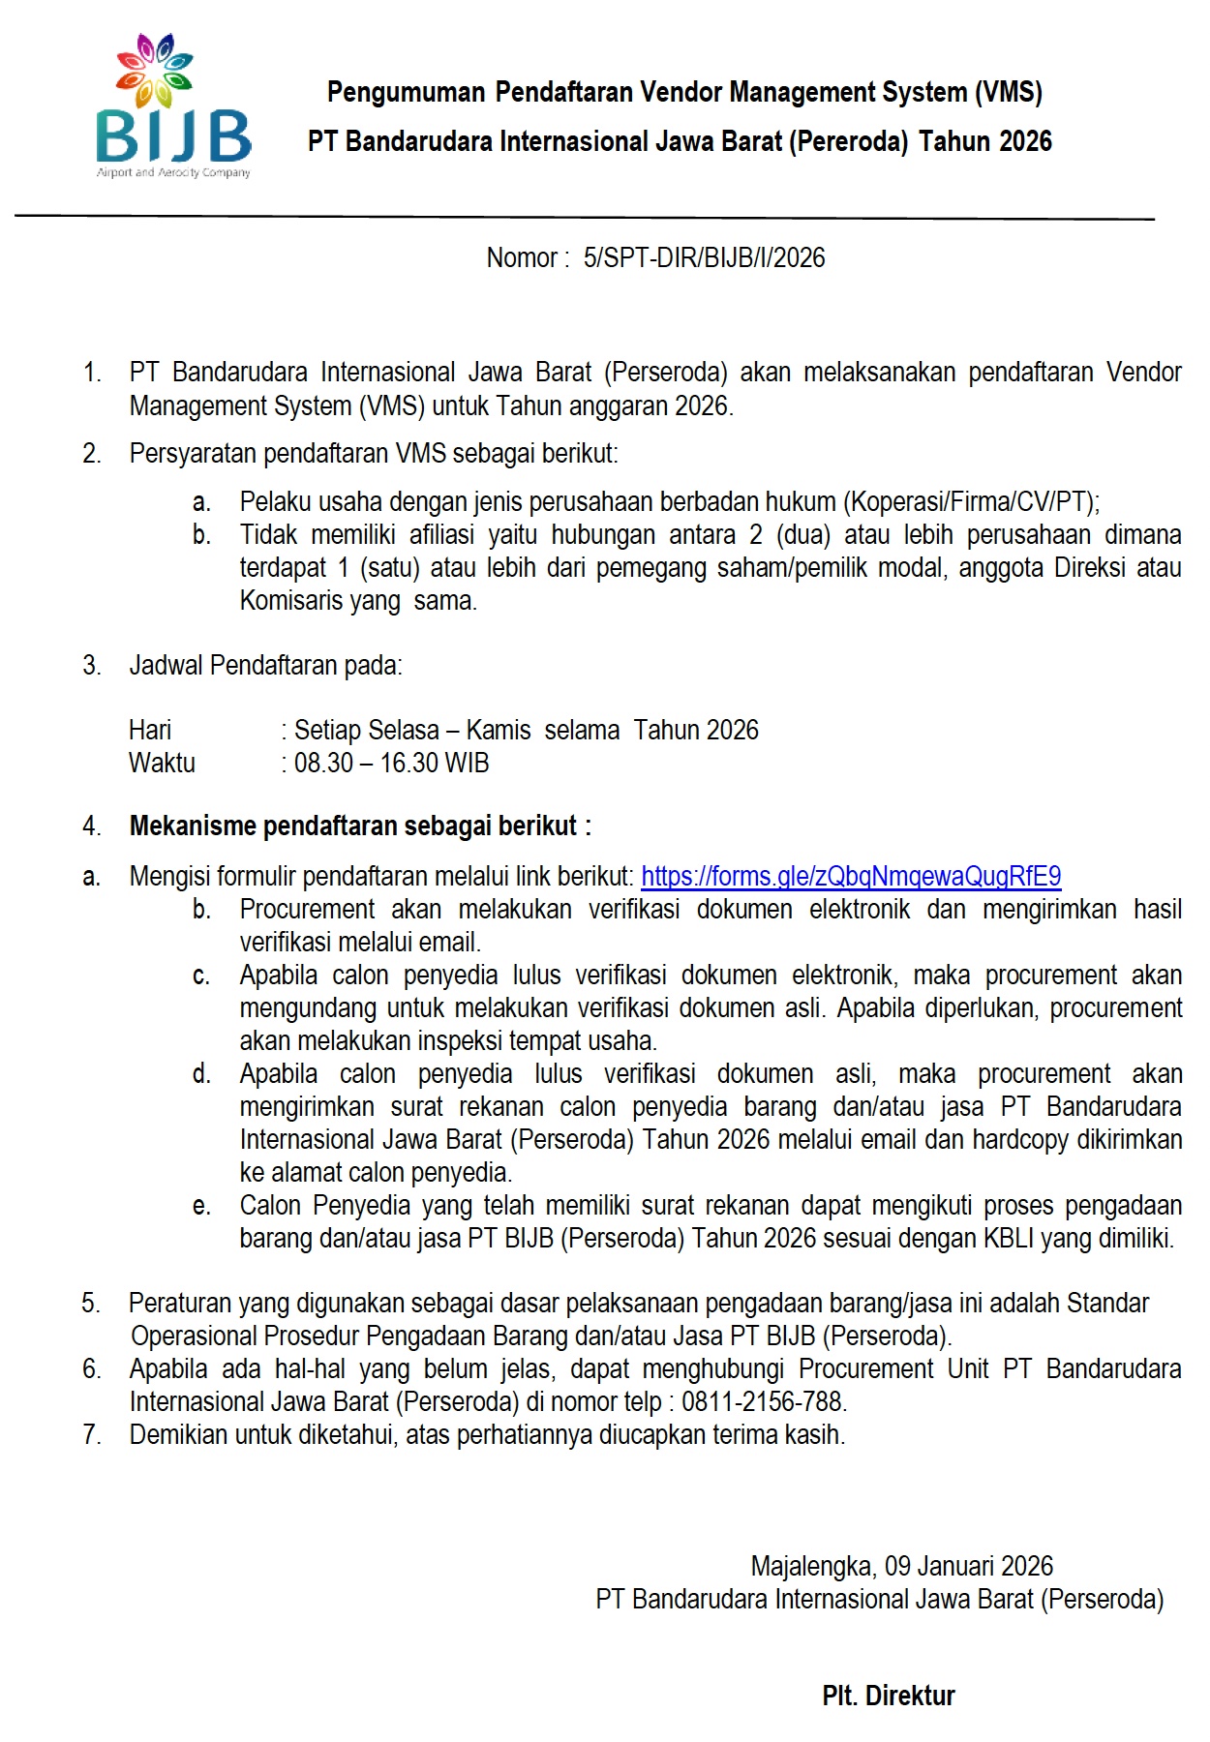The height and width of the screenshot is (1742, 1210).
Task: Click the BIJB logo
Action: tap(173, 106)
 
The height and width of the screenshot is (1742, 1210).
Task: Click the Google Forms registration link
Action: tap(851, 877)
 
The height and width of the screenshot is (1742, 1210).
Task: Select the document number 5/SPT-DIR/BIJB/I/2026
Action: tap(704, 258)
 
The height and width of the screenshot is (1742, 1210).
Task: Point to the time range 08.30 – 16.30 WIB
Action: tap(391, 764)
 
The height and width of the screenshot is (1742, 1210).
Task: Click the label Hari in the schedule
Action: tap(150, 731)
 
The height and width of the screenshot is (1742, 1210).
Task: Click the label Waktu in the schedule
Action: tap(162, 764)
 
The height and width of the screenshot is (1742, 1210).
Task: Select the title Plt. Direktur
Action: tap(888, 1696)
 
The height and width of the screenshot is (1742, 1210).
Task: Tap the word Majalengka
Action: tap(812, 1566)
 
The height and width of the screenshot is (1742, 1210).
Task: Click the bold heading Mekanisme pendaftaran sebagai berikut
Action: tap(359, 826)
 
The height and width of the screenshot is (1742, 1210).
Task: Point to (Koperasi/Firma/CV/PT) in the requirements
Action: tap(970, 502)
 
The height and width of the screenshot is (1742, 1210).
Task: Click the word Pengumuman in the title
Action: tap(406, 93)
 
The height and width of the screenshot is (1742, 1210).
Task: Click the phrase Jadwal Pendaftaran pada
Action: tap(265, 666)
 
